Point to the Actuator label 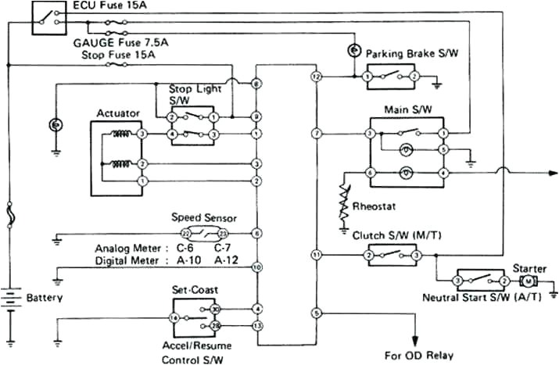click(x=117, y=113)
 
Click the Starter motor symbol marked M click(x=528, y=280)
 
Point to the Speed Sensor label click(x=203, y=217)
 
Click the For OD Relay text click(x=418, y=355)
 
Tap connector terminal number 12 click(x=317, y=77)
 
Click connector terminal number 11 click(x=317, y=255)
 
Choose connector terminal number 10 click(x=256, y=267)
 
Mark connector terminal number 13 click(x=256, y=324)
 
